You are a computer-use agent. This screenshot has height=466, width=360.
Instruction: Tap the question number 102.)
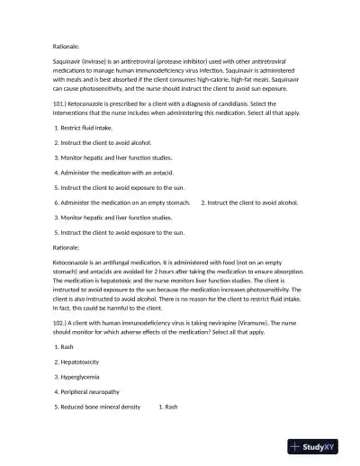click(61, 321)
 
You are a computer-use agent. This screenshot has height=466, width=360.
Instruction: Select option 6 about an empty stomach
click(121, 202)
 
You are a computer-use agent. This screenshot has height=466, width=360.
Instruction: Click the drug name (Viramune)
click(270, 321)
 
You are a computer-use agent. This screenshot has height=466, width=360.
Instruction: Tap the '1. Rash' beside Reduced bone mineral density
click(168, 407)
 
